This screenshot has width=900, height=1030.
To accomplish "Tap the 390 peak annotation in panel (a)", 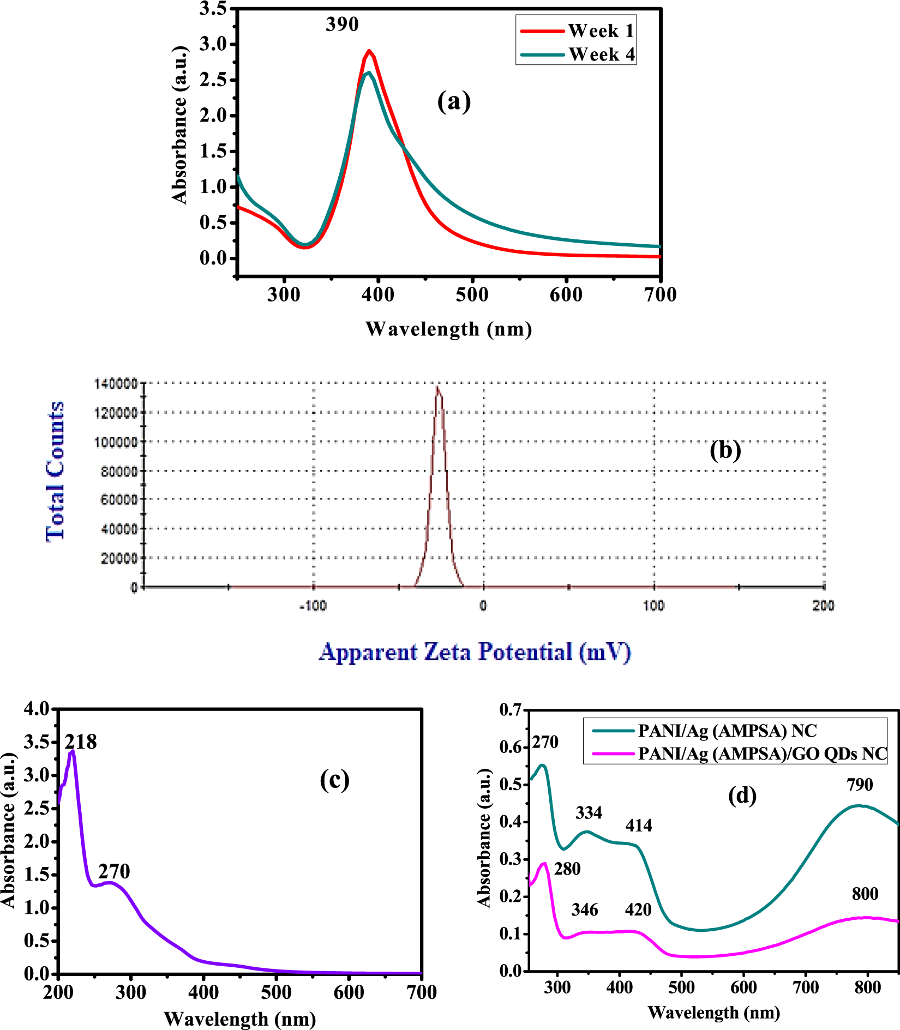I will pos(342,25).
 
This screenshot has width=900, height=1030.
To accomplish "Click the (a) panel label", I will pos(454,101).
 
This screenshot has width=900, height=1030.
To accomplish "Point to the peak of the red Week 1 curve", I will pos(369,51).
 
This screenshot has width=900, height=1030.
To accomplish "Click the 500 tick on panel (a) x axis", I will pos(472,295).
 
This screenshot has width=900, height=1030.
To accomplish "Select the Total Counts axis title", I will pos(55,472).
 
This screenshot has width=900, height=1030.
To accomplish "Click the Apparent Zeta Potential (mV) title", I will pos(475,652).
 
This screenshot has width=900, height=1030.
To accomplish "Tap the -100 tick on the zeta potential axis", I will pos(313,606).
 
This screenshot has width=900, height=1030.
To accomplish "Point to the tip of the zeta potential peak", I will pos(437,387).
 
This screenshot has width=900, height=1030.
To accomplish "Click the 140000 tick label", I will pos(116,384).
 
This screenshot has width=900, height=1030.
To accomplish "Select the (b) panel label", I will pos(725,450).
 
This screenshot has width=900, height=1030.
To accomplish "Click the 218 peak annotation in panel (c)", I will pos(81,742).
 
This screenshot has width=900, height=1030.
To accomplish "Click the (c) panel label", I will pos(334,780).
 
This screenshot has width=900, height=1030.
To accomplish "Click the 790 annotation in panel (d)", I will pos(860,785).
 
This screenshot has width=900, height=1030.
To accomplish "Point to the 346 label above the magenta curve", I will pos(585,909).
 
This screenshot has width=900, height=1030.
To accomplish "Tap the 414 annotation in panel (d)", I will pos(638,826).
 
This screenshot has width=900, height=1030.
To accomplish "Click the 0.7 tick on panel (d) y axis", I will pos(511,710).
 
